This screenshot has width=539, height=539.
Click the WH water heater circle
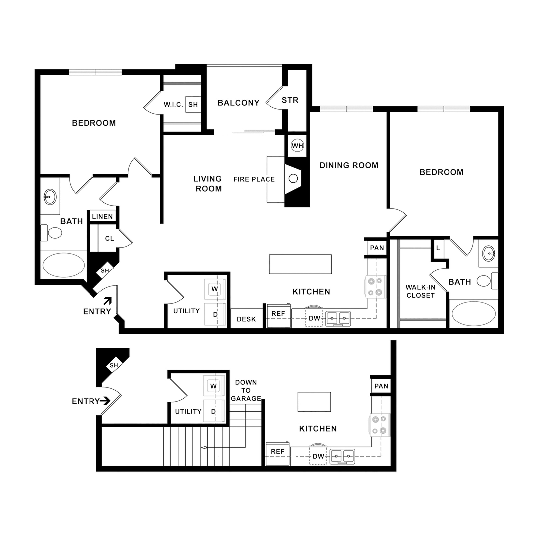(x=297, y=146)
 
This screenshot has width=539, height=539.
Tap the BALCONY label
(x=238, y=103)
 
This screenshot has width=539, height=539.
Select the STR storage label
(x=290, y=100)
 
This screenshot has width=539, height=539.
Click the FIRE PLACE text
(x=254, y=179)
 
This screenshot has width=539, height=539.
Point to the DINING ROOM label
(x=349, y=165)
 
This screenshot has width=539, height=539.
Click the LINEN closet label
(x=102, y=217)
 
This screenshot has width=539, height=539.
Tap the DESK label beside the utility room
(x=246, y=319)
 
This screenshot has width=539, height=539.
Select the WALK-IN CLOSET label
(x=420, y=291)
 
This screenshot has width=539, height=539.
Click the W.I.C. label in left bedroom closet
(x=173, y=105)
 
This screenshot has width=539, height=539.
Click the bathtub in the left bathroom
(x=64, y=265)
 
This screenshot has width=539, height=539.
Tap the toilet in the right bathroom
(x=484, y=281)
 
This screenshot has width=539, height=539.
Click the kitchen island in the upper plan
(x=300, y=264)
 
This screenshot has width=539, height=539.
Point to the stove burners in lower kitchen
(x=379, y=425)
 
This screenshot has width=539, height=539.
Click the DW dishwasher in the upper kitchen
(x=314, y=318)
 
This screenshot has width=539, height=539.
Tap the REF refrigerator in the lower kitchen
(x=277, y=452)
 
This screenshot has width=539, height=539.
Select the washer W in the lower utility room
(x=213, y=386)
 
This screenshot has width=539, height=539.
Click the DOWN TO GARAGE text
(x=246, y=390)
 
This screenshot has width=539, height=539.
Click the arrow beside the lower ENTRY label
(x=105, y=401)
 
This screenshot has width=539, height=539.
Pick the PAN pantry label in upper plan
(x=377, y=248)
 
